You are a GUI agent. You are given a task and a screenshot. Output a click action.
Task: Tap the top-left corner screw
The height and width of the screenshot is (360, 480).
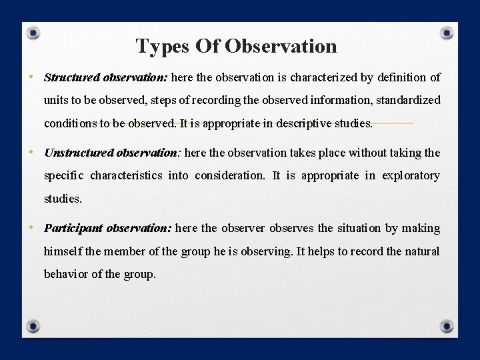click(33, 33)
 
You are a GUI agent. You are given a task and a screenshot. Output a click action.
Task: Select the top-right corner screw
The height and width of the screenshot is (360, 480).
click(447, 32)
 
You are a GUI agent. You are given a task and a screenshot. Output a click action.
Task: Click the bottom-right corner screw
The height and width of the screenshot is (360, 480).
click(447, 326)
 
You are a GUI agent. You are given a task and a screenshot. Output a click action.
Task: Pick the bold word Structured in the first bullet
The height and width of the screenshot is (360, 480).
click(72, 77)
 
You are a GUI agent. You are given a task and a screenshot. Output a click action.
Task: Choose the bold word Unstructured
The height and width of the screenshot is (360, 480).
click(79, 153)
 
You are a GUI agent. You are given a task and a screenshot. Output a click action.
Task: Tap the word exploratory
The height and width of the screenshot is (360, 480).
click(411, 175)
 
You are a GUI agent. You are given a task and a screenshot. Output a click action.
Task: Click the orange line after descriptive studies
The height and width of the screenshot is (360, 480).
click(393, 123)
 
